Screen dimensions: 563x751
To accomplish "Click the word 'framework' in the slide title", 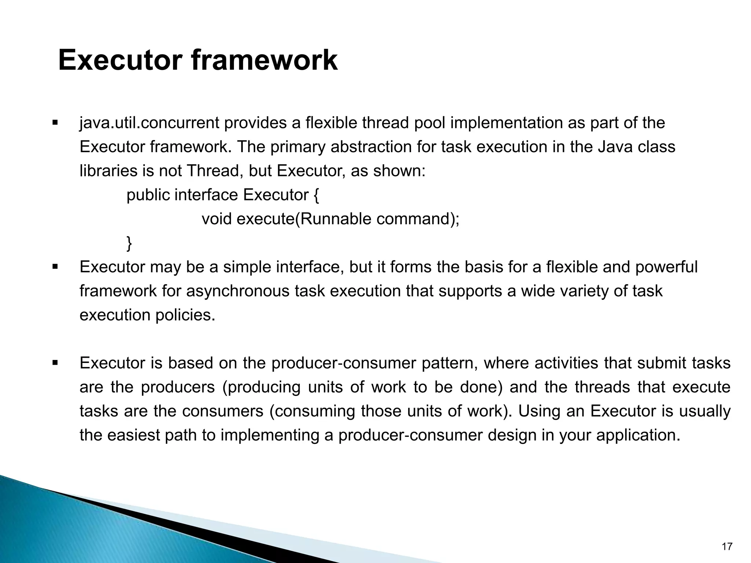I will point(264,60).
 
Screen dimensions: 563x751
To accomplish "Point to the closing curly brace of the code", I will point(129,243).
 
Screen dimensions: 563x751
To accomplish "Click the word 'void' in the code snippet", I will point(217,219).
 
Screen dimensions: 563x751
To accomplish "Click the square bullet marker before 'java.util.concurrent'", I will point(55,122).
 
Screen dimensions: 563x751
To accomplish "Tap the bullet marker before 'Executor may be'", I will point(55,267).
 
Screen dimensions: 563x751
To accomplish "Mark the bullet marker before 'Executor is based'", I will point(55,363).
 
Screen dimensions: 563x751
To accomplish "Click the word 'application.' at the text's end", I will point(638,435).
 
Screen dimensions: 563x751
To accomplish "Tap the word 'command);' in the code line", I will point(418,219).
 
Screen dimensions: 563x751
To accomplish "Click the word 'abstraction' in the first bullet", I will point(371,147).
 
